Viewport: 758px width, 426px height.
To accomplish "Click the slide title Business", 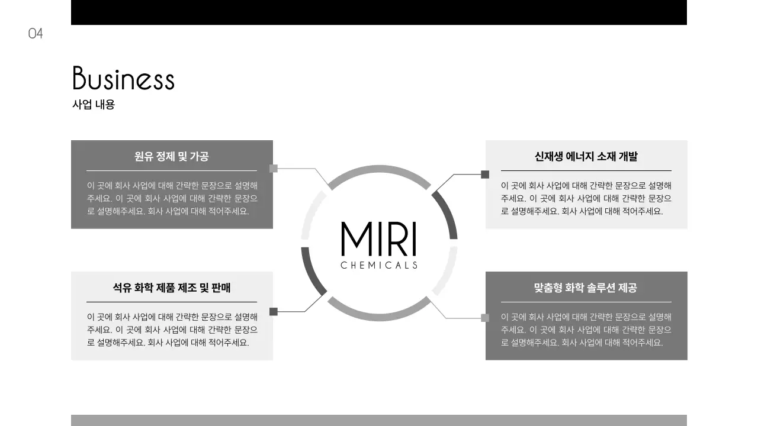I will tap(123, 79).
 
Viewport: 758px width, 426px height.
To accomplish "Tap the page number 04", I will tap(36, 34).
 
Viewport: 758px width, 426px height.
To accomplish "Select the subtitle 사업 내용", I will tap(94, 105).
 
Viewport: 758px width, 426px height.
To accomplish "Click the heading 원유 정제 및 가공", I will tap(172, 157).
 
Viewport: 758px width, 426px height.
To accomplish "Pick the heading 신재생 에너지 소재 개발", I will tap(586, 157).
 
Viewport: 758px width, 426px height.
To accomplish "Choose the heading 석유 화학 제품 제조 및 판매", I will tap(172, 288).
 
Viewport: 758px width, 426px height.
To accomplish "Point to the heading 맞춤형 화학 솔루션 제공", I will tap(586, 288).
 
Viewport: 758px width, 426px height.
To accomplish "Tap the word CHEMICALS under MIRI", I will tap(379, 265).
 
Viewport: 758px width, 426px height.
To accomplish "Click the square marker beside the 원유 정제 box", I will tap(274, 169).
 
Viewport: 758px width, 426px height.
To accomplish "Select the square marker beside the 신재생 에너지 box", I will tap(485, 175).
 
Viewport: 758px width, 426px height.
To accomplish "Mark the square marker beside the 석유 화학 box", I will tap(274, 312).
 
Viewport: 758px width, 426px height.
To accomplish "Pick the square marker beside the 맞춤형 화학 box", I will tap(485, 318).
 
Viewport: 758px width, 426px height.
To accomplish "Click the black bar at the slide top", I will tap(379, 12).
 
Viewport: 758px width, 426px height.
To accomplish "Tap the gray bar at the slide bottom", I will tap(379, 420).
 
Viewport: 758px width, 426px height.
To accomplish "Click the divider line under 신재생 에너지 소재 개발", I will tap(586, 170).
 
